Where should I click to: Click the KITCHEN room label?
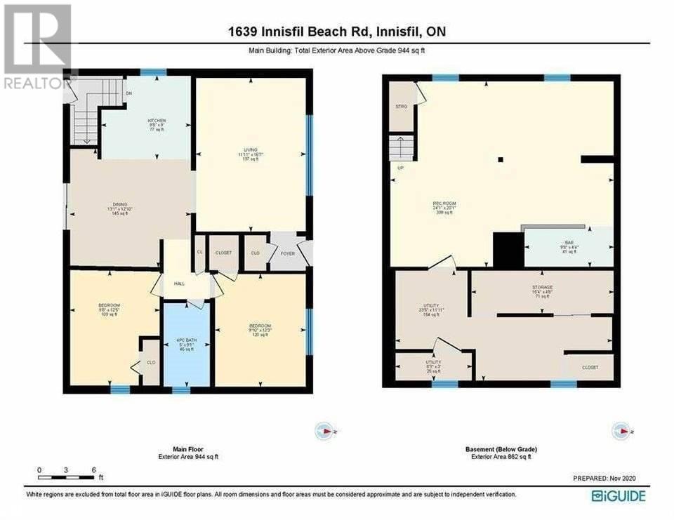click(156, 121)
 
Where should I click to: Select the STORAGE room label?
click(542, 287)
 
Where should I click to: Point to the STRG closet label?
click(402, 107)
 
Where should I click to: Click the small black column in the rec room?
click(500, 160)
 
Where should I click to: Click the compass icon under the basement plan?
click(621, 430)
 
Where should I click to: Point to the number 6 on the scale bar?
click(93, 469)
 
